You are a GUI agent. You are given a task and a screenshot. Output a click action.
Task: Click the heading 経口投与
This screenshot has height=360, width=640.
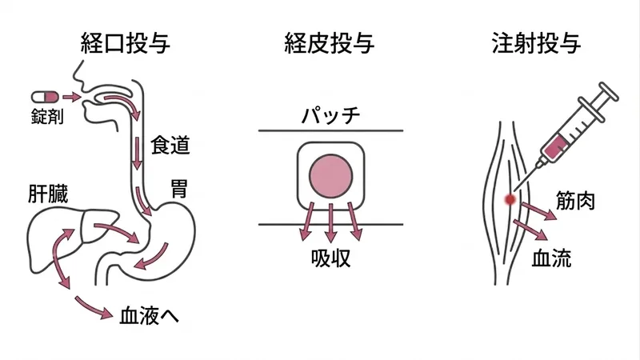[126, 43]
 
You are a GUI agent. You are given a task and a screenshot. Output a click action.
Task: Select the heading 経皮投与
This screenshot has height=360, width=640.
[329, 43]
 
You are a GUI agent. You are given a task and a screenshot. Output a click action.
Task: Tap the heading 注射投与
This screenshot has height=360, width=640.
[536, 43]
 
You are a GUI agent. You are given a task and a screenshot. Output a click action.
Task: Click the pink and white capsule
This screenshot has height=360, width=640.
[45, 97]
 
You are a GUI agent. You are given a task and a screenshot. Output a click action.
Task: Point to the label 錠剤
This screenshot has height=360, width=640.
[47, 116]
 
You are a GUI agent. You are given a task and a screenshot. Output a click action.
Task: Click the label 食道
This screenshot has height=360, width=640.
[170, 146]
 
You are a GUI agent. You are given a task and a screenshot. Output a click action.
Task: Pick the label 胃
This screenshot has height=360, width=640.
[178, 188]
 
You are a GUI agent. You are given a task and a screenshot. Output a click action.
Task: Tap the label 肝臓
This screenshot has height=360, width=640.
[48, 194]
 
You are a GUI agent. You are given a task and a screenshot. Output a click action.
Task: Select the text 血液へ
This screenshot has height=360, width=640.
[150, 315]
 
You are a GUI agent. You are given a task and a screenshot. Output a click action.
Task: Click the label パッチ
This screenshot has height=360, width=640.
[330, 115]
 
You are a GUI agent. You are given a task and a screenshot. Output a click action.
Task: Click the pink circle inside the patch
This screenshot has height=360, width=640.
[330, 176]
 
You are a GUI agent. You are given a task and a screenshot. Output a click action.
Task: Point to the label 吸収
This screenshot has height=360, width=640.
[330, 258]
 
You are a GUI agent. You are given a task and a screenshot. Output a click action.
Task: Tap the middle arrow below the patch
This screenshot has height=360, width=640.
[331, 223]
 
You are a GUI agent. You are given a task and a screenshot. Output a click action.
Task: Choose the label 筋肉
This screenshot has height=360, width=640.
[575, 201]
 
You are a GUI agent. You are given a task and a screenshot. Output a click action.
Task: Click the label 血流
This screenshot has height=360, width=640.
[551, 258]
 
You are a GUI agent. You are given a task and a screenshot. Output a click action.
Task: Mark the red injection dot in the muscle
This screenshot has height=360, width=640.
[510, 199]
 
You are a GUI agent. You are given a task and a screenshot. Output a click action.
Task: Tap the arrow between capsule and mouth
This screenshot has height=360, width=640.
[72, 97]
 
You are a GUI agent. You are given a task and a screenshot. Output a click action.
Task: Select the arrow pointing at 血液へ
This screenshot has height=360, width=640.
[94, 308]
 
